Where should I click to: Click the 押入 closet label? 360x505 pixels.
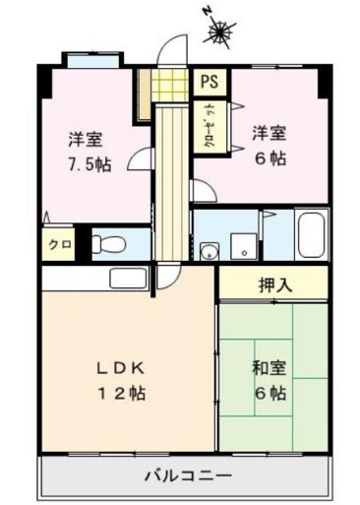pyautogui.click(x=274, y=287)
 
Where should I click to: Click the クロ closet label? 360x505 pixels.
pyautogui.click(x=58, y=243)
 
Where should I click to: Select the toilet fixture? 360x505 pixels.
pyautogui.click(x=110, y=242)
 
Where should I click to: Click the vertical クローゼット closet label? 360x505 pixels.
pyautogui.click(x=210, y=123)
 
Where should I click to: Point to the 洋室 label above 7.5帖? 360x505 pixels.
pyautogui.click(x=86, y=139)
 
